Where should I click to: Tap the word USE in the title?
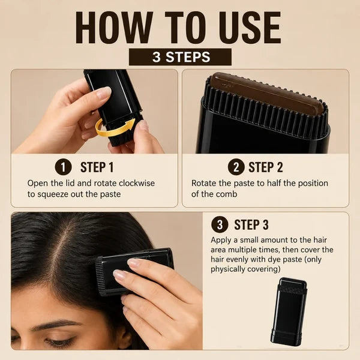(x=250, y=28)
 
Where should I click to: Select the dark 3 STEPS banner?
(x=180, y=57)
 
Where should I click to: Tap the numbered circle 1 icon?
(x=64, y=167)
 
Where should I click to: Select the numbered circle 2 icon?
(x=236, y=167)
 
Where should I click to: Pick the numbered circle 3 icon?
(x=220, y=224)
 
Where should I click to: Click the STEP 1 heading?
(x=97, y=167)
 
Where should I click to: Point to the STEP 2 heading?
(x=266, y=167)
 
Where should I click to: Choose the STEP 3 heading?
(x=251, y=224)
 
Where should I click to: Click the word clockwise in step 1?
(x=137, y=183)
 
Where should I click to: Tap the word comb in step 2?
(x=227, y=194)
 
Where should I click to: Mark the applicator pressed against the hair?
(x=134, y=272)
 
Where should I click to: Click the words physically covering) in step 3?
(x=245, y=269)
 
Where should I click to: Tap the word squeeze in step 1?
(x=53, y=194)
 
